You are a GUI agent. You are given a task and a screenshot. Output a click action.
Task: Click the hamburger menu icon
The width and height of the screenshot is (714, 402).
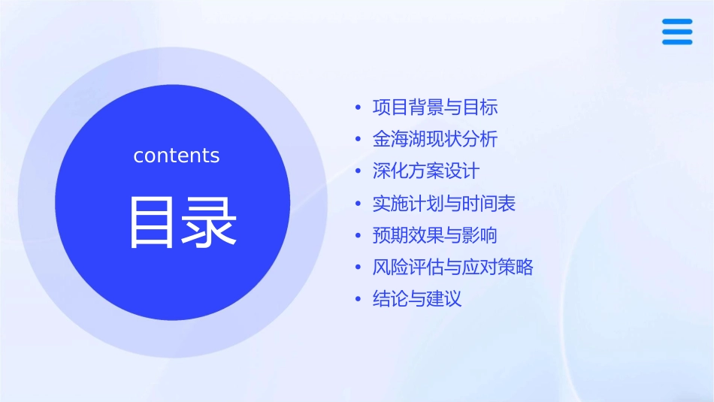click(x=677, y=32)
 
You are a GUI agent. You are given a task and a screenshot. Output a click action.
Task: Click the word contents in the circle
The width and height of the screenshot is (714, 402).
click(x=177, y=156)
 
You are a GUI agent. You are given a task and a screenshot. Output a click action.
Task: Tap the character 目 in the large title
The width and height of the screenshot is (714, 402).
click(x=151, y=222)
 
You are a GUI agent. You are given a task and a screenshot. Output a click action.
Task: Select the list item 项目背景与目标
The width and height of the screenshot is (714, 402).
click(x=435, y=107)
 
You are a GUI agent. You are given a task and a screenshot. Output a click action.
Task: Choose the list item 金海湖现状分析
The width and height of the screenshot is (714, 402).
click(x=435, y=140)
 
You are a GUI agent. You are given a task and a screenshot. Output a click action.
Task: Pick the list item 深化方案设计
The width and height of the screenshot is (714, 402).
click(x=426, y=171)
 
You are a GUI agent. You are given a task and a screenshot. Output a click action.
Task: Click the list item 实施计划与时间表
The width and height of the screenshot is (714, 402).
click(x=444, y=204)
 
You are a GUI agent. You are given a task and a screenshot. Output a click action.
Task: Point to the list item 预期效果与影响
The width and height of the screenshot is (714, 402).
click(x=435, y=235)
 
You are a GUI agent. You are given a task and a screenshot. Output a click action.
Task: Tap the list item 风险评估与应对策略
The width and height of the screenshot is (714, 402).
click(x=453, y=267)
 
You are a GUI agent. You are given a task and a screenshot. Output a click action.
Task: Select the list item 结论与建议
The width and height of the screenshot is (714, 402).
click(x=417, y=299)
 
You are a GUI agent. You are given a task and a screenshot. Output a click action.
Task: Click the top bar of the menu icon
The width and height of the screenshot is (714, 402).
click(x=677, y=22)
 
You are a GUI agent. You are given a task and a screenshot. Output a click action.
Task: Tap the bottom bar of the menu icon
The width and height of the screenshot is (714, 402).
click(x=677, y=42)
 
